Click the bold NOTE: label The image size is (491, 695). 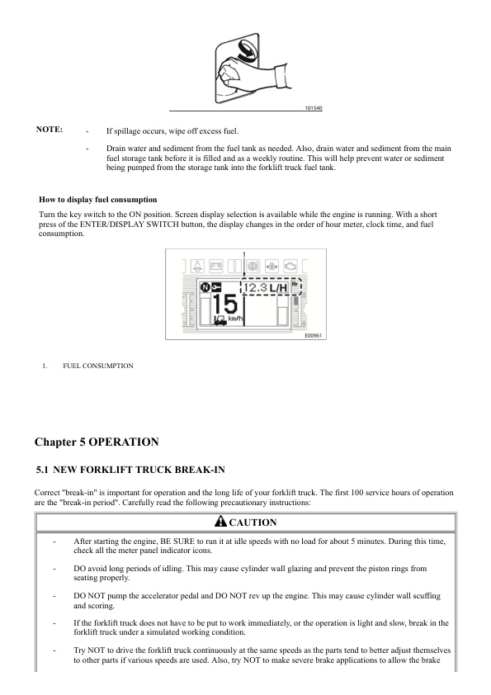click(50, 130)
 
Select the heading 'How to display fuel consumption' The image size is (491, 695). click(98, 200)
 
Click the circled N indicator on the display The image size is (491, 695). click(205, 288)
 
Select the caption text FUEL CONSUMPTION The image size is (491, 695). click(97, 365)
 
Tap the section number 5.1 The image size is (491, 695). click(46, 470)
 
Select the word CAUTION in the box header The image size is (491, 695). click(252, 522)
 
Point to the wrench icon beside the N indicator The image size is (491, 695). click(216, 288)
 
